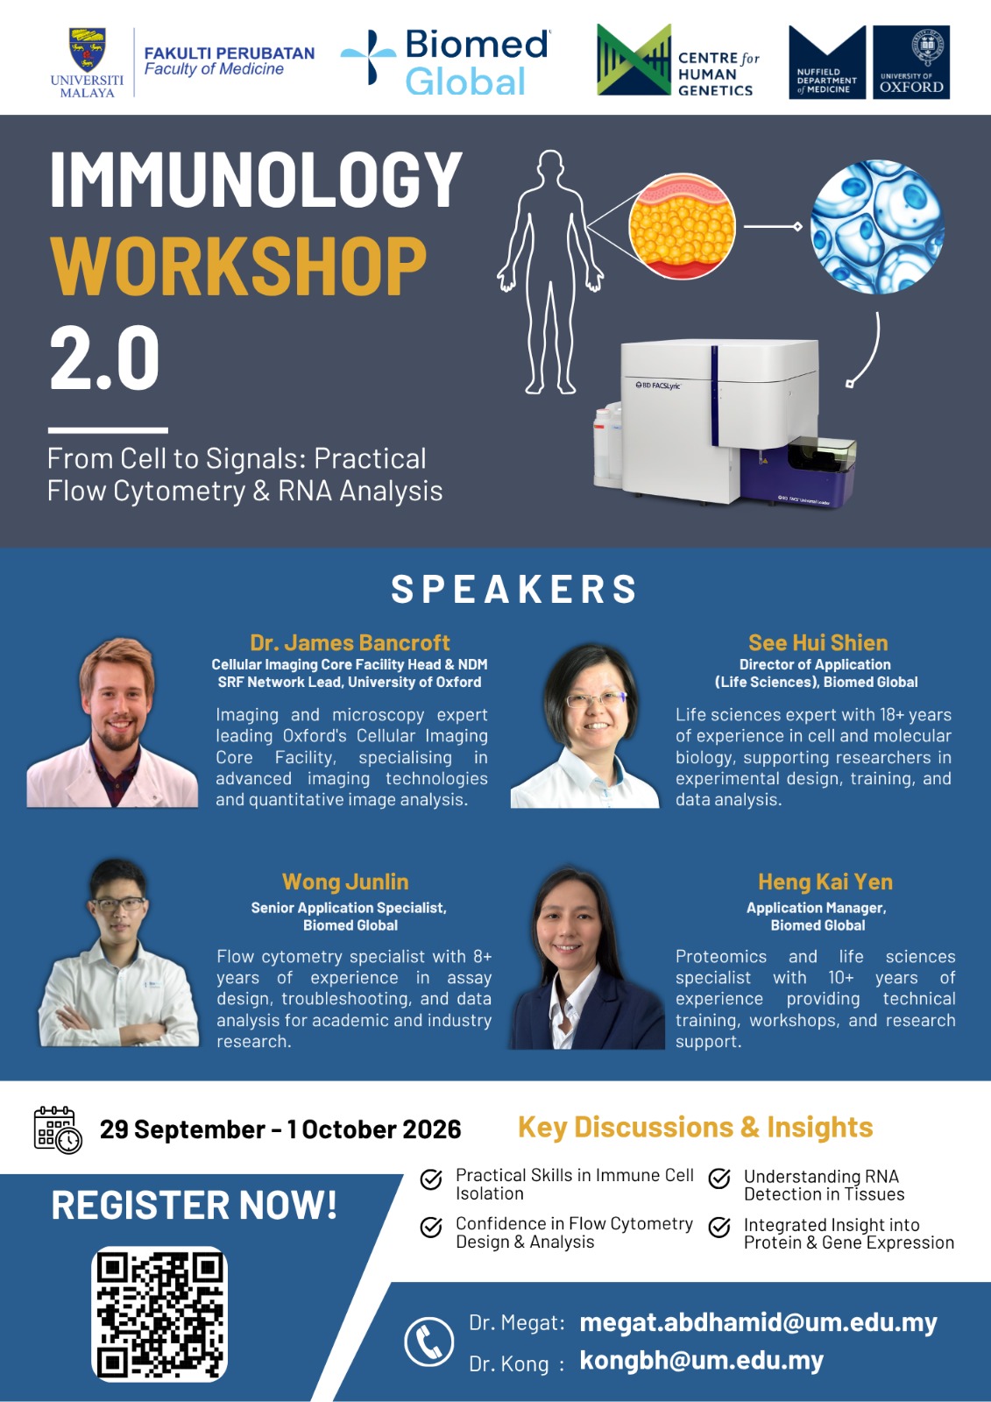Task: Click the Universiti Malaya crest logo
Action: click(x=87, y=49)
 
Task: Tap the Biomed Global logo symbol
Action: click(x=368, y=57)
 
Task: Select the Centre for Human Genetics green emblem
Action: click(x=634, y=60)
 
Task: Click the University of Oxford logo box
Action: click(x=911, y=62)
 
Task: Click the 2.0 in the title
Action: click(x=104, y=358)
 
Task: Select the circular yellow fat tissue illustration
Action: click(x=681, y=226)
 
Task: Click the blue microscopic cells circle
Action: click(x=876, y=226)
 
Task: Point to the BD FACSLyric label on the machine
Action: click(x=657, y=385)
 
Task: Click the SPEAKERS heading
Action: click(x=513, y=589)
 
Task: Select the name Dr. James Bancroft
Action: click(x=350, y=643)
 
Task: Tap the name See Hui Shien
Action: click(x=818, y=643)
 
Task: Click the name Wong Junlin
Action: click(x=345, y=882)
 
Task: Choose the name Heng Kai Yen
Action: click(x=825, y=882)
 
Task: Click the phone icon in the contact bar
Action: click(x=428, y=1341)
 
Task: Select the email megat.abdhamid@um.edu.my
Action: click(x=758, y=1322)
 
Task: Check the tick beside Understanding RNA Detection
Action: click(x=719, y=1178)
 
